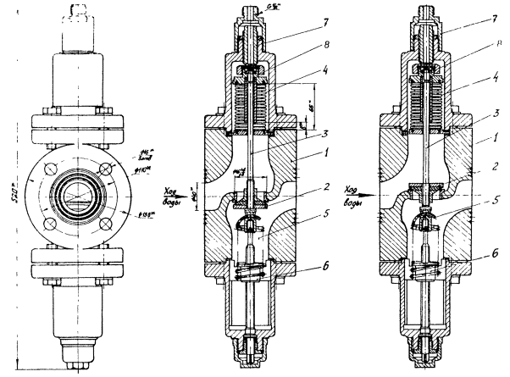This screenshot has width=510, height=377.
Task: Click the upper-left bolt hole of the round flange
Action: click(x=53, y=169)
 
